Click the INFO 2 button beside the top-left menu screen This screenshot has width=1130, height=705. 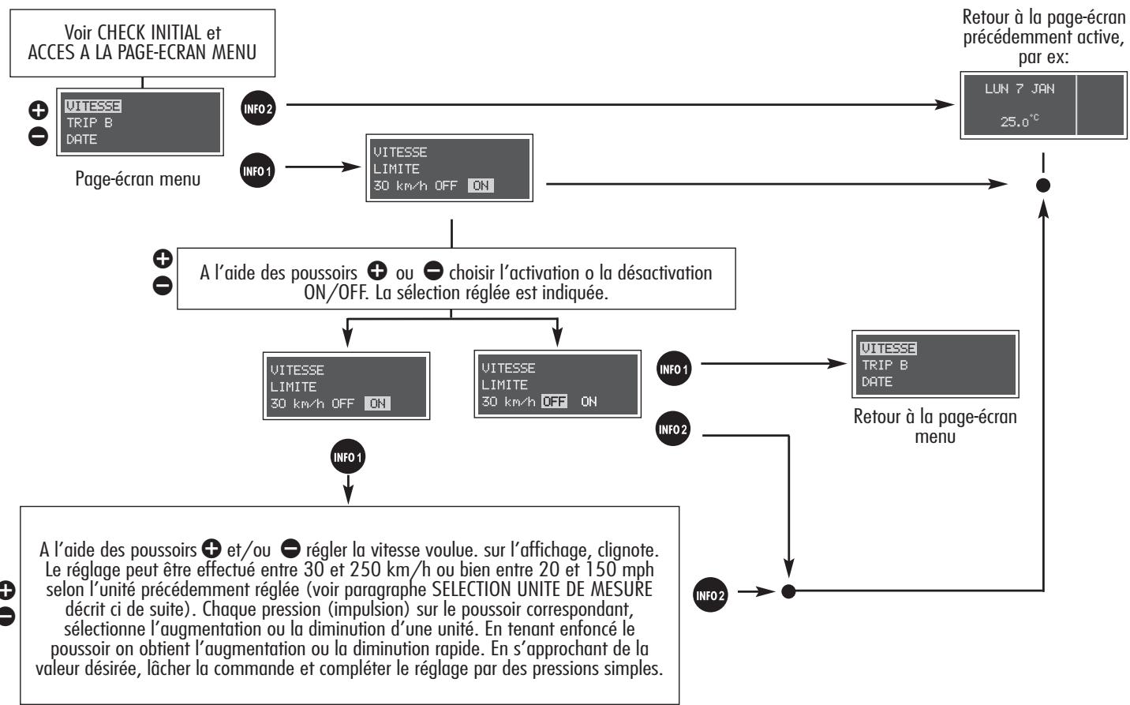(258, 108)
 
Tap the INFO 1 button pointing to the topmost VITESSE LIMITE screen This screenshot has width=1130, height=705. (257, 171)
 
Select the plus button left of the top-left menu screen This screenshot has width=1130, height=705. (39, 111)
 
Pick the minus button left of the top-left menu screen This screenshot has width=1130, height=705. (39, 136)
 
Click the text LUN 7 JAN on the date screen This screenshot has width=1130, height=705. (1020, 89)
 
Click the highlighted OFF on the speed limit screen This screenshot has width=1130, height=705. (555, 402)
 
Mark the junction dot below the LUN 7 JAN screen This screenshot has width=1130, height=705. (1043, 186)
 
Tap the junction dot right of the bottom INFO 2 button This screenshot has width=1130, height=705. (788, 591)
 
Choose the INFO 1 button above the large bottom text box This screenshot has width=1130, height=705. (347, 457)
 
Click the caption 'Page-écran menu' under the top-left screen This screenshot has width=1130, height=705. (138, 178)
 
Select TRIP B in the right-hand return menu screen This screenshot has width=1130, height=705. (885, 365)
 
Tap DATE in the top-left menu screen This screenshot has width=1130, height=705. (81, 139)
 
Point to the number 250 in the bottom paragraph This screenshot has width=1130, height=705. (365, 570)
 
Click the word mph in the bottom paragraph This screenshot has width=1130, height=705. (638, 570)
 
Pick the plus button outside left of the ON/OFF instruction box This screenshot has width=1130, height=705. (163, 259)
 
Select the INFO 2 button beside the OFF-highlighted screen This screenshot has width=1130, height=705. (673, 429)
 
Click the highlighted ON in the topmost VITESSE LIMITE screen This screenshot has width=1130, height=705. (481, 186)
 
